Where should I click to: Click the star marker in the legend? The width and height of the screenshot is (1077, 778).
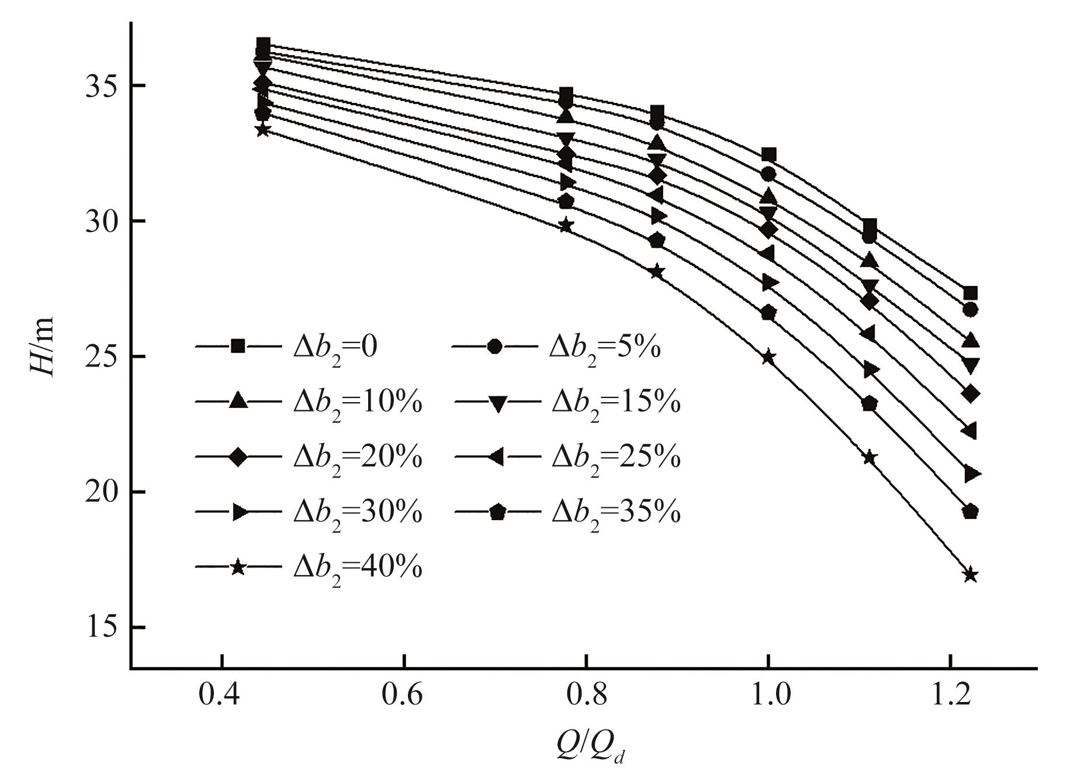(x=238, y=567)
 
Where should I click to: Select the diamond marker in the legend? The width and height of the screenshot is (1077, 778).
(x=238, y=457)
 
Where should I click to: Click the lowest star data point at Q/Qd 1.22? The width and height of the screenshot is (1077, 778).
(x=970, y=575)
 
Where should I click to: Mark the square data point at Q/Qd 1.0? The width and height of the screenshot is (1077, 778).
(x=768, y=155)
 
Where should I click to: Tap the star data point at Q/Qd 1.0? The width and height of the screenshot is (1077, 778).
(x=768, y=357)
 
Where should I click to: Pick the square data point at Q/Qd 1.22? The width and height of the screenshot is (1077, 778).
(x=970, y=293)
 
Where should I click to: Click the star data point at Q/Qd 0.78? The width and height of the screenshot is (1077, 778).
(x=566, y=225)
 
